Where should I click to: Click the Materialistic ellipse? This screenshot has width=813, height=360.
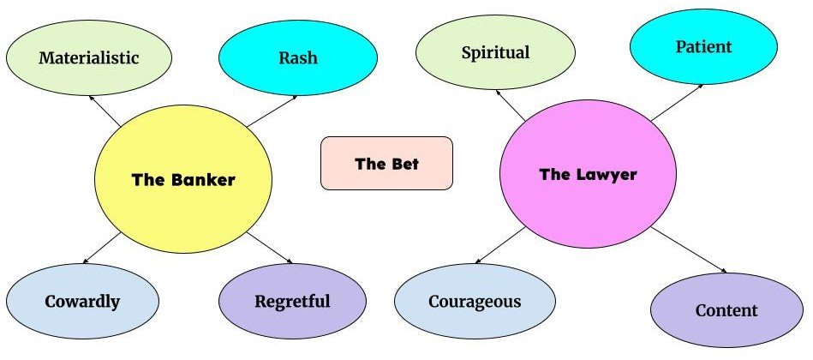(x=89, y=57)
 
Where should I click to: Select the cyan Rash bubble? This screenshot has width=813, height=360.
(x=298, y=57)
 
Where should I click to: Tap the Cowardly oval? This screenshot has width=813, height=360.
(x=83, y=301)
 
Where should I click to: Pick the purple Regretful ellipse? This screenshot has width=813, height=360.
(x=292, y=301)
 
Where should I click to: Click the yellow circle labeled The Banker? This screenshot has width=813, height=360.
(x=182, y=180)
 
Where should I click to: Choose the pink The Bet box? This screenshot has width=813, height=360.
(x=386, y=163)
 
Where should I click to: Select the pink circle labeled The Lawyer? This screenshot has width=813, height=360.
(x=588, y=175)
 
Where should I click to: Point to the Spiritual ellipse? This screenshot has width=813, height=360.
(x=495, y=52)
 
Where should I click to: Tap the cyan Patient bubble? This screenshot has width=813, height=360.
(x=704, y=46)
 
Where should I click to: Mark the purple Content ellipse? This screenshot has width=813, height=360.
(x=726, y=309)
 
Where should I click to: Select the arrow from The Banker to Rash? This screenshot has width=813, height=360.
(x=272, y=111)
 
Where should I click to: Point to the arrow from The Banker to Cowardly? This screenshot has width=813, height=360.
(x=102, y=248)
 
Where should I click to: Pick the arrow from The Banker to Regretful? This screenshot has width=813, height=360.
(x=271, y=248)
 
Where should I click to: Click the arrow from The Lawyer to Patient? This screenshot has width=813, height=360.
(x=677, y=103)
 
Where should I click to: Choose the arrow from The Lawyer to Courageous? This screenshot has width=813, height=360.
(x=499, y=247)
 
